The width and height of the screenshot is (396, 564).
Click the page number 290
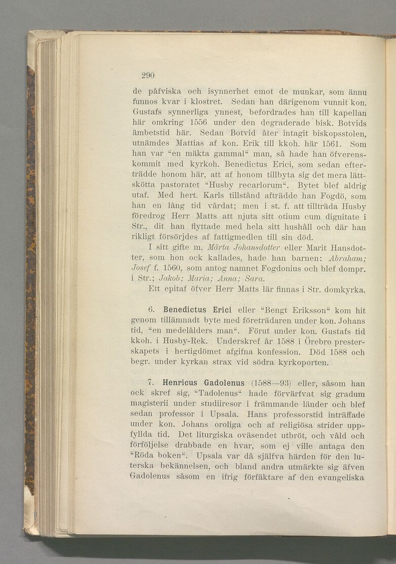point(148,75)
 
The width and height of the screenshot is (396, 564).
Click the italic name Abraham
point(348,258)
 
